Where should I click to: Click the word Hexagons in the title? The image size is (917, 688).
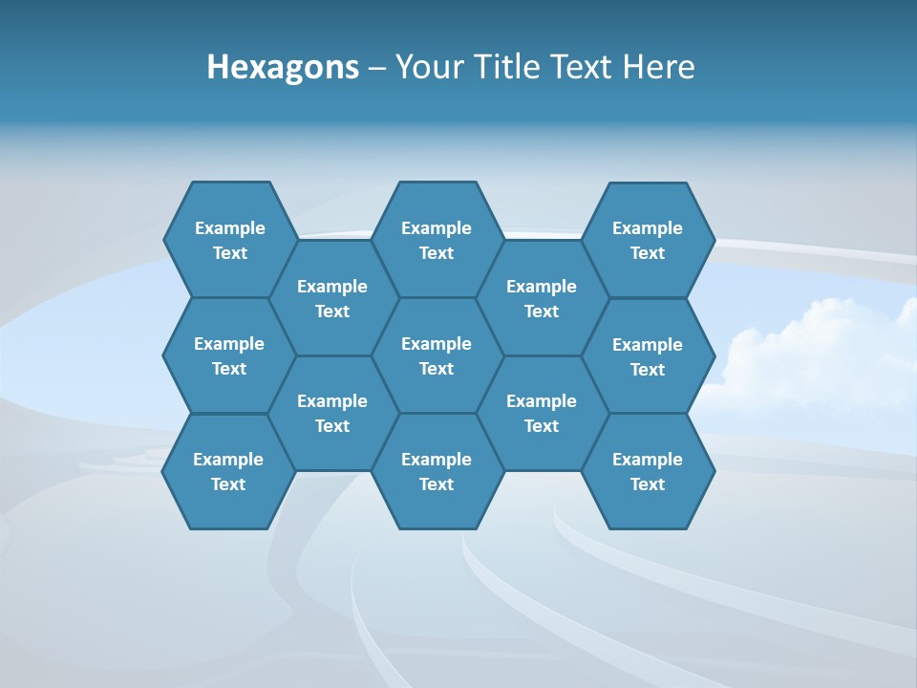[283, 67]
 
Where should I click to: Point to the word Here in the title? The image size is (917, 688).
[658, 67]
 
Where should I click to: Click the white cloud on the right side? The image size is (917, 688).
[812, 354]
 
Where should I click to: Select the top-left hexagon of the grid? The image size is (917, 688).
[229, 240]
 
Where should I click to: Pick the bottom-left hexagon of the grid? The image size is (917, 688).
[228, 471]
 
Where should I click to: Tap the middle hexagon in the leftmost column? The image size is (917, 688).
[229, 355]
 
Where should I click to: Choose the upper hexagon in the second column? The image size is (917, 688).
[332, 298]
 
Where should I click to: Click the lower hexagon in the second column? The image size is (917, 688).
[332, 413]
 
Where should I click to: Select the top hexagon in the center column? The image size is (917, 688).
[437, 240]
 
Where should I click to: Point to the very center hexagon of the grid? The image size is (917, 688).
[437, 355]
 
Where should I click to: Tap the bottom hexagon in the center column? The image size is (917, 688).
[437, 471]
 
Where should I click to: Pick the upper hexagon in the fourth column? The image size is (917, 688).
[542, 298]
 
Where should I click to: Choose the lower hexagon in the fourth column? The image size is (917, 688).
[542, 413]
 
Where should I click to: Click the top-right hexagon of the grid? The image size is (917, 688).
[648, 240]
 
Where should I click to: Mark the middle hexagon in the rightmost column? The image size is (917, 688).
[648, 356]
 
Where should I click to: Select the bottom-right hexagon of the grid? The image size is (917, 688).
[648, 471]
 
